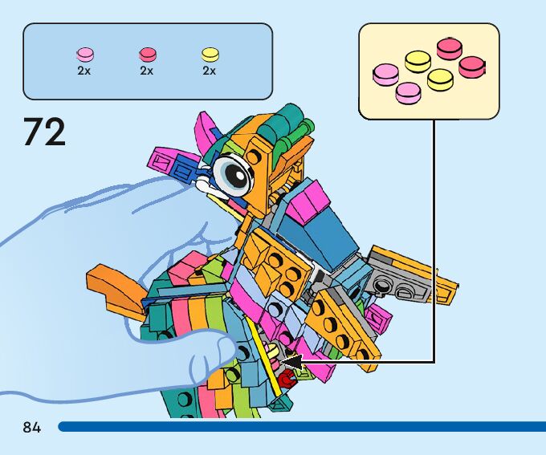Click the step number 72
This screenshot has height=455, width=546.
click(44, 132)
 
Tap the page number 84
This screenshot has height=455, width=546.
click(32, 426)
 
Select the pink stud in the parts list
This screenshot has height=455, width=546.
click(84, 55)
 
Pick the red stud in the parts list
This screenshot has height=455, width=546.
click(147, 55)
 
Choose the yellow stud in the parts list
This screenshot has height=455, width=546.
click(210, 55)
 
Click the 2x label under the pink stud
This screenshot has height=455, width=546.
click(84, 71)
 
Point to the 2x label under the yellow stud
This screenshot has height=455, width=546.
click(210, 71)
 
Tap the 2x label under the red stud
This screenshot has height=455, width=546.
click(147, 71)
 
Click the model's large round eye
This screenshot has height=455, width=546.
click(234, 175)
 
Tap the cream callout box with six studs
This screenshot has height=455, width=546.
click(429, 71)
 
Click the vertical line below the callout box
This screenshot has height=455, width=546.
click(434, 241)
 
